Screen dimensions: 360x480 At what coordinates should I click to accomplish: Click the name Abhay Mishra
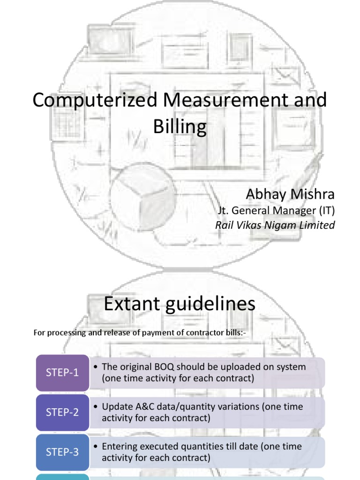[291, 194]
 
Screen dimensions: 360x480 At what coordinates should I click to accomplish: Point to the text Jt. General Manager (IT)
[275, 210]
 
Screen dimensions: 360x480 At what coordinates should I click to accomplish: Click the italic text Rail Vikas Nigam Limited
[275, 225]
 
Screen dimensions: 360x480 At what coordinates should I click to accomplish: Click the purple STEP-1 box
[62, 373]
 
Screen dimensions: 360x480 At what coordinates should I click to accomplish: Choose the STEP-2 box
[62, 412]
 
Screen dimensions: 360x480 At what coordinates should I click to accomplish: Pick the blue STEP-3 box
[62, 452]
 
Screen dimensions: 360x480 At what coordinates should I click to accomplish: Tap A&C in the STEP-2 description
[141, 406]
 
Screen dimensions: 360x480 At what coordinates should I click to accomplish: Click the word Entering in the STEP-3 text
[120, 446]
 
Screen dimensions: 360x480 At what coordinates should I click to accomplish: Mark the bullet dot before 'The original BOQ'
[96, 367]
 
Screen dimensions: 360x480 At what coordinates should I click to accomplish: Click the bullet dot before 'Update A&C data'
[96, 407]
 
